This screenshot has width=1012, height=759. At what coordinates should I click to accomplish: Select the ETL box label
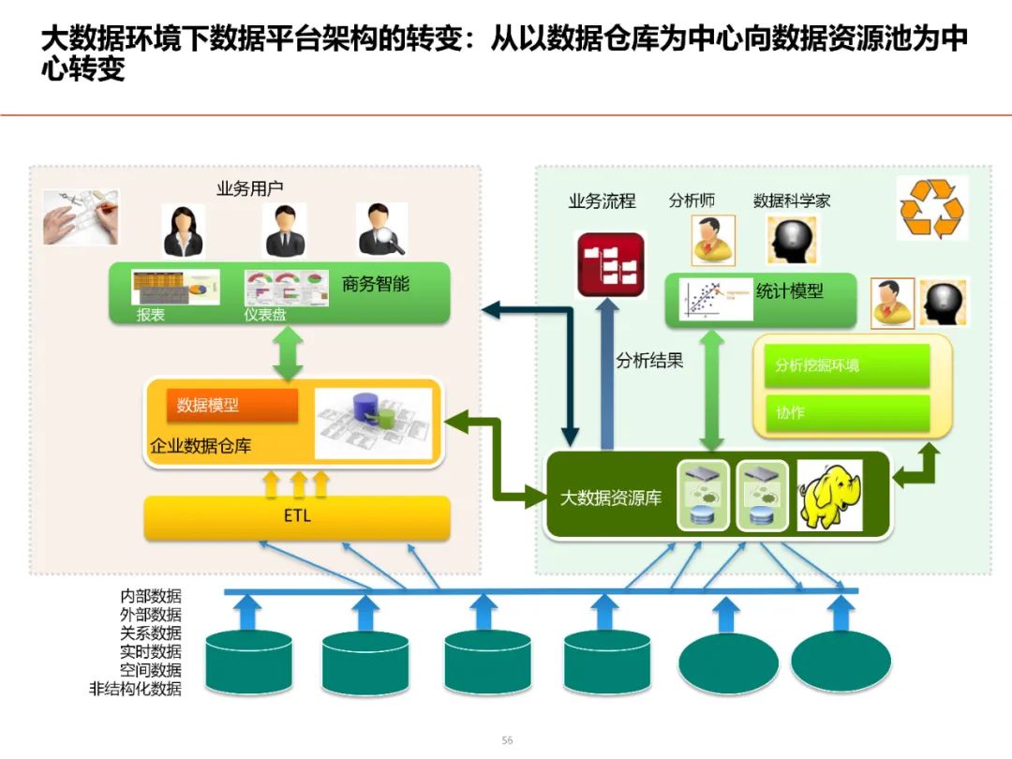point(297,516)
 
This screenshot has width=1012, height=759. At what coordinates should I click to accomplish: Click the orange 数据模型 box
point(231,405)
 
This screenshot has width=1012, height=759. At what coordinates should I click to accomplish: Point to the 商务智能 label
point(376,284)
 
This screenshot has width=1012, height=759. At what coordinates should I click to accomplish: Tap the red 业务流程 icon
point(610,264)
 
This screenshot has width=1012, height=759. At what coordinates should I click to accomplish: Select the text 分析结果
point(649,361)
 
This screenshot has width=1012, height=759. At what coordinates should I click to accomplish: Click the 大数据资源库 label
point(610,498)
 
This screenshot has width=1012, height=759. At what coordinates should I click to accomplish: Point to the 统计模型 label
point(789,290)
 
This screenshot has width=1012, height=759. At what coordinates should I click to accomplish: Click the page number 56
point(507,740)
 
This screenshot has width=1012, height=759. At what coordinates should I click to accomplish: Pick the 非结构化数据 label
point(135,690)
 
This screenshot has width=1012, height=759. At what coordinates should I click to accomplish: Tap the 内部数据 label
point(150,596)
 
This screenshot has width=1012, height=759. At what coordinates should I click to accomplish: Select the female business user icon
point(185,231)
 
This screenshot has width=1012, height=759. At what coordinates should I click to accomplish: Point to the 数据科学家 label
point(792,201)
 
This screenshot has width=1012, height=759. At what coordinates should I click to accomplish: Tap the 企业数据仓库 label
point(201,446)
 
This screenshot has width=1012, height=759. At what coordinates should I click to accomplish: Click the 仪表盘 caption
point(265,315)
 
